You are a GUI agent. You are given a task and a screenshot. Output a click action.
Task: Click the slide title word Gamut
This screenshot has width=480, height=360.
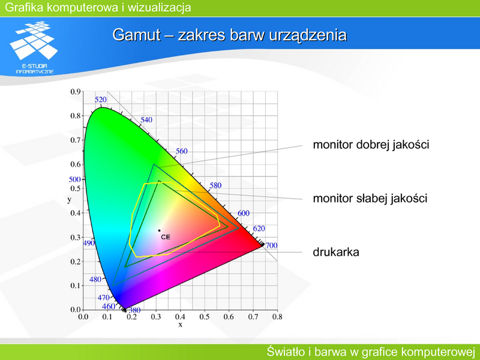click(x=136, y=35)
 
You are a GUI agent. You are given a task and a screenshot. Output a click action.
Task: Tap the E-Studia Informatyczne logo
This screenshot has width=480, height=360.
click(x=34, y=47)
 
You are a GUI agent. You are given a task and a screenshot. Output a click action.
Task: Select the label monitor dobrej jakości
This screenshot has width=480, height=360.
click(x=371, y=145)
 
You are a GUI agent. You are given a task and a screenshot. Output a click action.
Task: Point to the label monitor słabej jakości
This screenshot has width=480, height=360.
click(x=370, y=199)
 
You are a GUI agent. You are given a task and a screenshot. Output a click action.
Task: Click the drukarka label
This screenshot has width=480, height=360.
click(x=336, y=252)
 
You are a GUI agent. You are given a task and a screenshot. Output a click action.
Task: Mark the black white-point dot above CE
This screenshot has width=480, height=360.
click(x=159, y=230)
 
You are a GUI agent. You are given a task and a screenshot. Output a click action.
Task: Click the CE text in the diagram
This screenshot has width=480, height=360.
click(x=166, y=237)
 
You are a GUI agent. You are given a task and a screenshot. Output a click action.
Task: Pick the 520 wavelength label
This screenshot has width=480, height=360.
click(x=101, y=100)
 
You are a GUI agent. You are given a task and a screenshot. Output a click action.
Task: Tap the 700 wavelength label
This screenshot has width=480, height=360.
click(x=271, y=245)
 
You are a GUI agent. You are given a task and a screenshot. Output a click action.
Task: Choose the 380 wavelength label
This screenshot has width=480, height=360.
click(x=134, y=310)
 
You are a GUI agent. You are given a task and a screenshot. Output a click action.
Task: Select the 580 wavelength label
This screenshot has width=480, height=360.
click(x=215, y=185)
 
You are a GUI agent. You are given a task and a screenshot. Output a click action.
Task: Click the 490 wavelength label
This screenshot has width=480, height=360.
click(x=89, y=244)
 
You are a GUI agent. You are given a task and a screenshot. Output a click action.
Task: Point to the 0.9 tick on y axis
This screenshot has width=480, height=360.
click(x=76, y=92)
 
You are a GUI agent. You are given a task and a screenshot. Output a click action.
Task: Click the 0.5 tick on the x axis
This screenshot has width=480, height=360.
click(x=205, y=317)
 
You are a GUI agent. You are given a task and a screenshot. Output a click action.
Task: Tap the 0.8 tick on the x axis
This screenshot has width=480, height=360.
click(x=277, y=317)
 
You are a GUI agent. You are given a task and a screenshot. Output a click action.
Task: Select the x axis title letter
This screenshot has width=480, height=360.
click(x=181, y=325)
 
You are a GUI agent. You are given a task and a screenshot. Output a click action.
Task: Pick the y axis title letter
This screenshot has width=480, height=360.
click(x=70, y=200)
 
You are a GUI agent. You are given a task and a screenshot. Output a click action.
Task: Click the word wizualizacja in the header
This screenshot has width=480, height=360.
click(x=159, y=7)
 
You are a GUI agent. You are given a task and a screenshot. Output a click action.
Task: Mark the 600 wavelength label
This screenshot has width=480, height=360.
click(x=244, y=214)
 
